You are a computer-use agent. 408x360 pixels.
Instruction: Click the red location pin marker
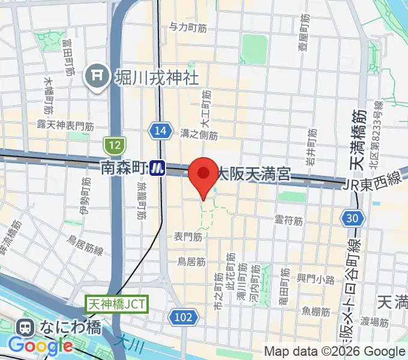203,175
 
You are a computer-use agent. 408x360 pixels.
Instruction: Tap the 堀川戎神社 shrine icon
96,76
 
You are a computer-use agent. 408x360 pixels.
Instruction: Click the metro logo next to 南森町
158,168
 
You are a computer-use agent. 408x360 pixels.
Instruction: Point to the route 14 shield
158,131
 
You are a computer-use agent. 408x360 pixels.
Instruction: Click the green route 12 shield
113,145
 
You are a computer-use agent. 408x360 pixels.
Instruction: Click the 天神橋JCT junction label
116,304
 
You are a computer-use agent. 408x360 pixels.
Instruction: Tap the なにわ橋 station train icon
25,327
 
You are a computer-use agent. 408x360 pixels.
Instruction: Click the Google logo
40,346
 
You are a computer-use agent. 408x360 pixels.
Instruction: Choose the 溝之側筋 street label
198,134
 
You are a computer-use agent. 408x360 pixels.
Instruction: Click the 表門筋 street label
187,237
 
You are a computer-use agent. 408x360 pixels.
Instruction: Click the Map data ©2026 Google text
335,351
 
